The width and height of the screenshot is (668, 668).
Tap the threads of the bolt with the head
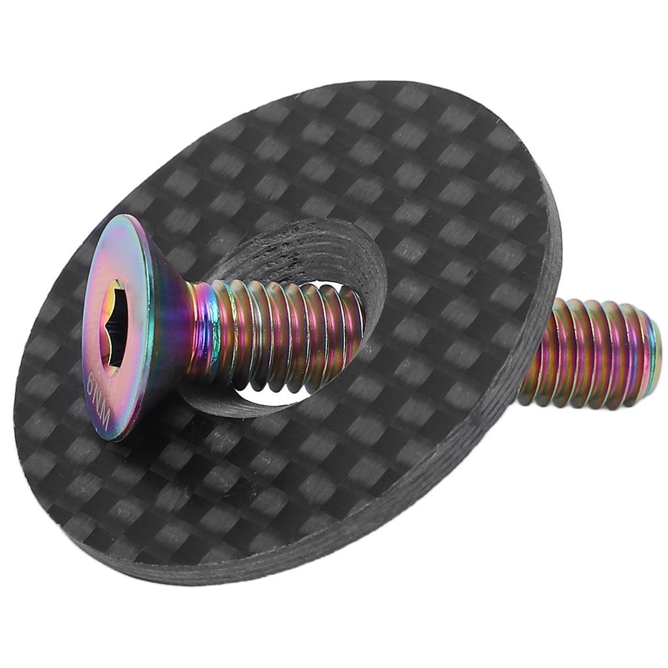tap(281, 333)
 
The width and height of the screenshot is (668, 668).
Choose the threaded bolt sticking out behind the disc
tap(587, 356)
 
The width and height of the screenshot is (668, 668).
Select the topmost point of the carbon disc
tap(404, 81)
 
